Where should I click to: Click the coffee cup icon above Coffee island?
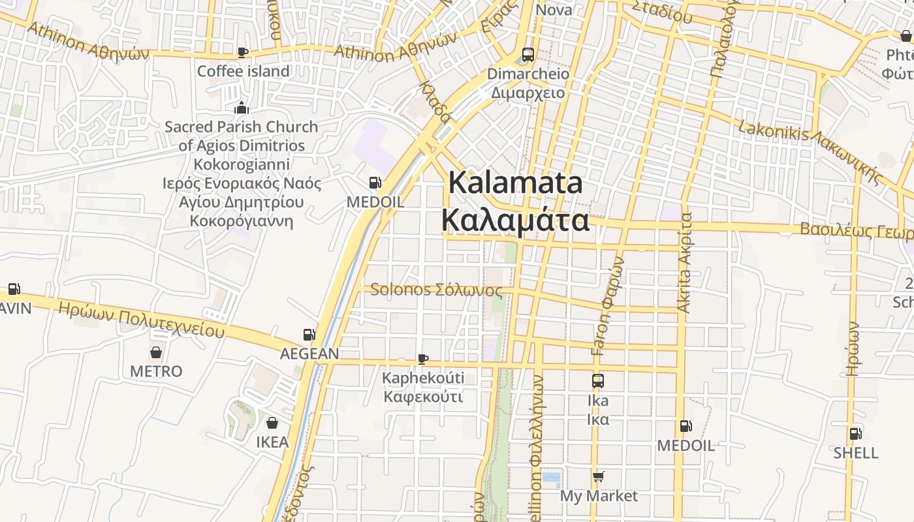coord(243,52)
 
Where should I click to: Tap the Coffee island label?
coord(244,71)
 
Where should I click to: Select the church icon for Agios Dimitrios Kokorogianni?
coord(242,108)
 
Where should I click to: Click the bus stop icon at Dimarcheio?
coord(528,55)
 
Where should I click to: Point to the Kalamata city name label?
coord(515,201)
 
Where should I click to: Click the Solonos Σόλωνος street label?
coord(436,290)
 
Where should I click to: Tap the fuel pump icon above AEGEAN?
coord(309,335)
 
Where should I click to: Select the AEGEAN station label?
coord(309,354)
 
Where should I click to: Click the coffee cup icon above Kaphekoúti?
coord(423,359)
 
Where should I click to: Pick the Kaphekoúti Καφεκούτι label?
coord(423,388)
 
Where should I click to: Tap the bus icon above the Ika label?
coord(598,381)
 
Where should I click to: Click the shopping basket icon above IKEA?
coord(272,423)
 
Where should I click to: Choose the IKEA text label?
coord(272,442)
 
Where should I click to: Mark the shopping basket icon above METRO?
coord(156,352)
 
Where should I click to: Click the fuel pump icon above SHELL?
coord(855,433)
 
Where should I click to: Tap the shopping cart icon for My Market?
coord(599,477)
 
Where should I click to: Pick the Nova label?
coord(554,10)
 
